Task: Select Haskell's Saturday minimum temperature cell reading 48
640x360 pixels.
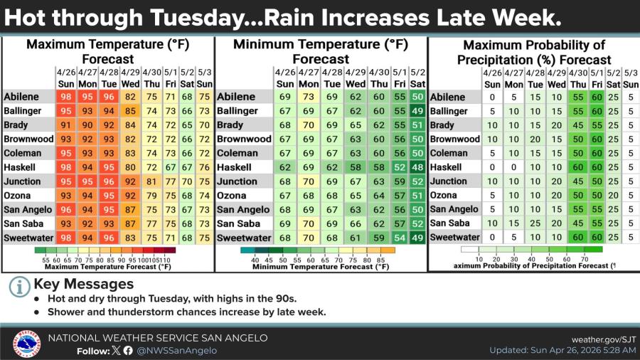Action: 417,167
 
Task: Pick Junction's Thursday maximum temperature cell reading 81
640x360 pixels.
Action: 151,181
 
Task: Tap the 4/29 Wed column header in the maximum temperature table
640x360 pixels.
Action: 130,78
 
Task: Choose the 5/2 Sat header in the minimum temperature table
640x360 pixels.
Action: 417,78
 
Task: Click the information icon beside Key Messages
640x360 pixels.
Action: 18,287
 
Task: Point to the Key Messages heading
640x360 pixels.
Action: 83,284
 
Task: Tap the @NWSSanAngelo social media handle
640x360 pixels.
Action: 176,350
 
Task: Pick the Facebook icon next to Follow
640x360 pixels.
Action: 128,350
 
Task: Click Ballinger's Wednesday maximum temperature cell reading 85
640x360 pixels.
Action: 130,111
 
